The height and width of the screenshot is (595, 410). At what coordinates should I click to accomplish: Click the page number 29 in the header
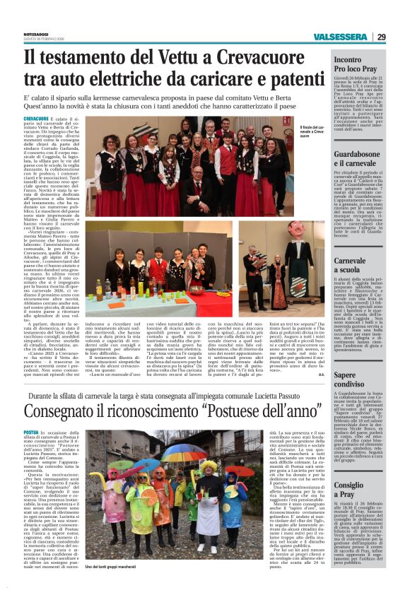click(x=381, y=37)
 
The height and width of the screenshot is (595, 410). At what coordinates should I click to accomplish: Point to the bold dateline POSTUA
click(x=30, y=432)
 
